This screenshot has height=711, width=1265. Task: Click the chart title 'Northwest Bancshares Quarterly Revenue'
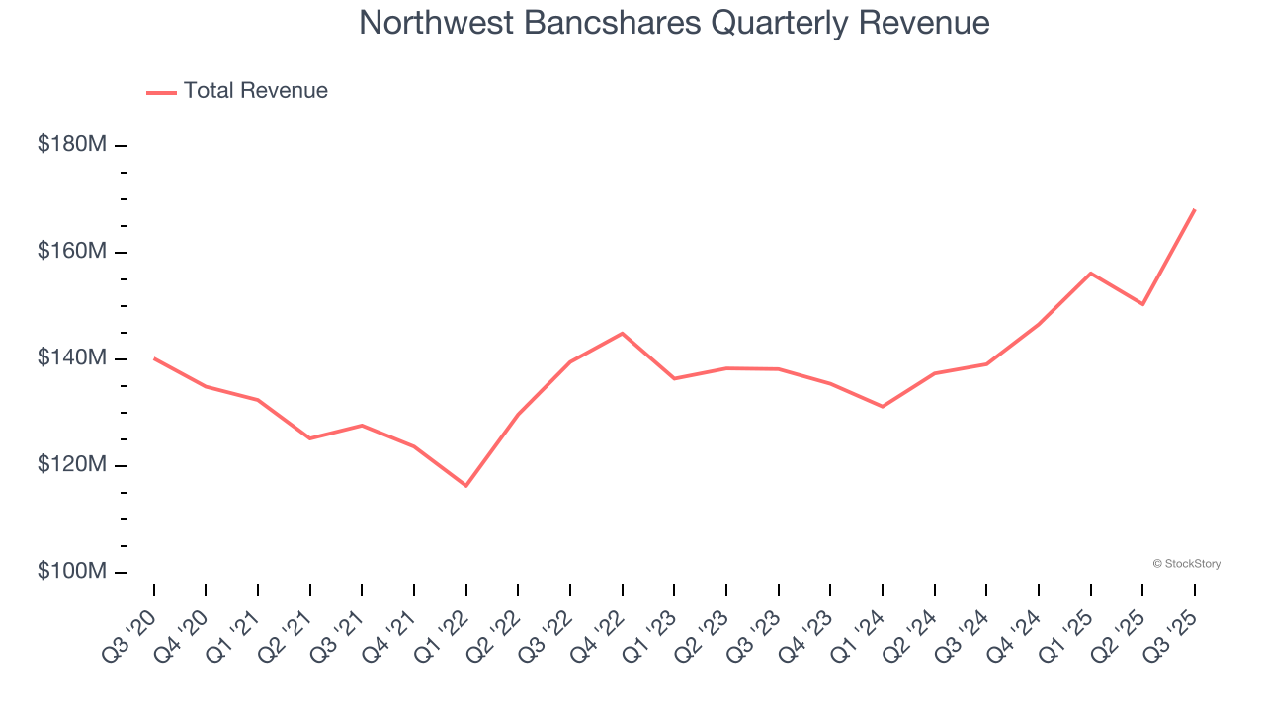click(674, 23)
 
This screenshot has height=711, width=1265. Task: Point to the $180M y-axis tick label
click(72, 144)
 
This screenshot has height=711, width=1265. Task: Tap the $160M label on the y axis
click(72, 252)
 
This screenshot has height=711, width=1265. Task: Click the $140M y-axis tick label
click(72, 358)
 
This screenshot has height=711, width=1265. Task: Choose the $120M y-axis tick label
click(72, 465)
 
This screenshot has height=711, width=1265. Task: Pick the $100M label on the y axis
click(72, 572)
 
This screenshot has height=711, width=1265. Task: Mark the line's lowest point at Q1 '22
click(466, 486)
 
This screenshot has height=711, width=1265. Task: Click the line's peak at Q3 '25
click(1194, 209)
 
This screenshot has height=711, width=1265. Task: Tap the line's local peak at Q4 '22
click(622, 333)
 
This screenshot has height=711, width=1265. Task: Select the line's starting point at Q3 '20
click(154, 358)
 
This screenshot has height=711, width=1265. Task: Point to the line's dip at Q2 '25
click(1142, 304)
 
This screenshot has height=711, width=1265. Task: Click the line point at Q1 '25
click(1090, 273)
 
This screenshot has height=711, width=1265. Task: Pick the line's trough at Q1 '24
click(883, 407)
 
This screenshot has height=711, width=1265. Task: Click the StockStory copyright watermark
click(1186, 564)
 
